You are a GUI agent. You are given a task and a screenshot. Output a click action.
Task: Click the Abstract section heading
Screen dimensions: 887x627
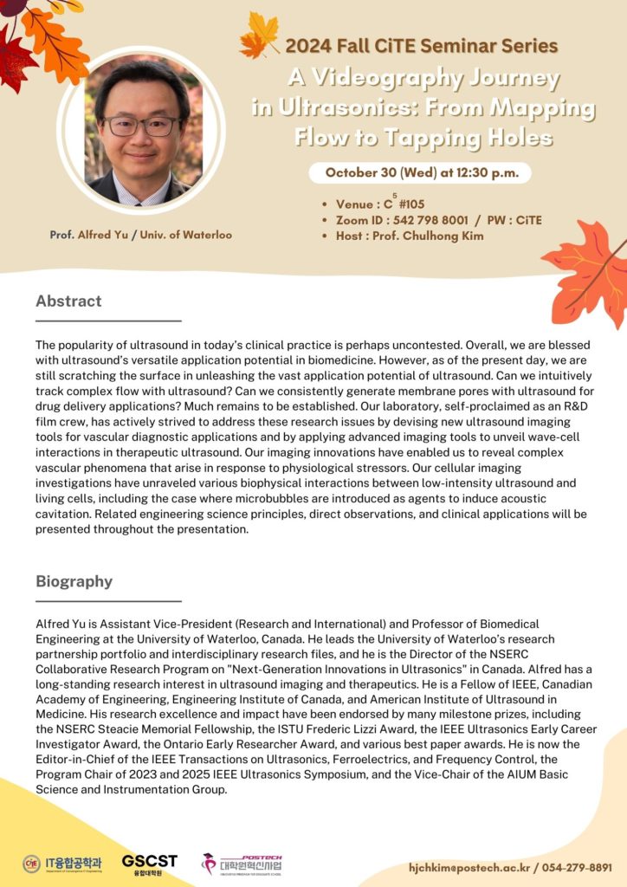[x=68, y=301]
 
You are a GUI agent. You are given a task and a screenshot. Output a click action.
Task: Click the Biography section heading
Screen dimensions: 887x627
[x=74, y=581]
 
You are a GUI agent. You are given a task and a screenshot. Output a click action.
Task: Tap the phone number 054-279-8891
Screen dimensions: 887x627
[x=577, y=867]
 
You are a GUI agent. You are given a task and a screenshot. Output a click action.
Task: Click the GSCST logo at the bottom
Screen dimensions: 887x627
[x=149, y=864]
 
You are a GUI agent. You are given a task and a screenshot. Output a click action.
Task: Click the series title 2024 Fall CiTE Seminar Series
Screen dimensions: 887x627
[x=421, y=46]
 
